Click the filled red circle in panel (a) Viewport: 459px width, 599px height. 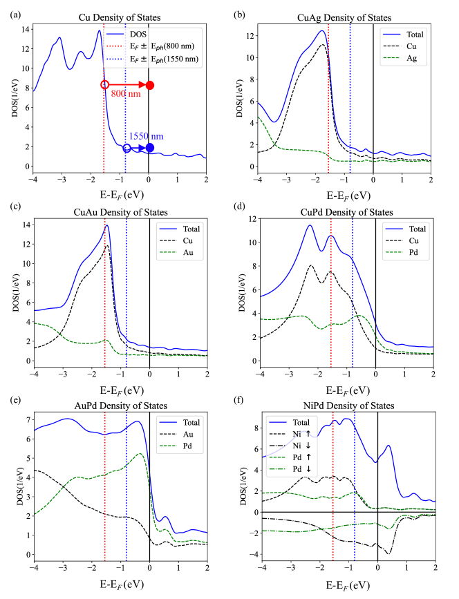point(150,85)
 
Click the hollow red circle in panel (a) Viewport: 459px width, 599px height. point(105,85)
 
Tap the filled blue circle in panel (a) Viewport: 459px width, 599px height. point(150,147)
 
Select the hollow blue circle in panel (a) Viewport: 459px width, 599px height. point(127,148)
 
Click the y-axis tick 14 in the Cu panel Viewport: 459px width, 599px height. point(23,30)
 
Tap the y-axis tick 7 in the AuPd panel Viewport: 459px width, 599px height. point(26,420)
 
